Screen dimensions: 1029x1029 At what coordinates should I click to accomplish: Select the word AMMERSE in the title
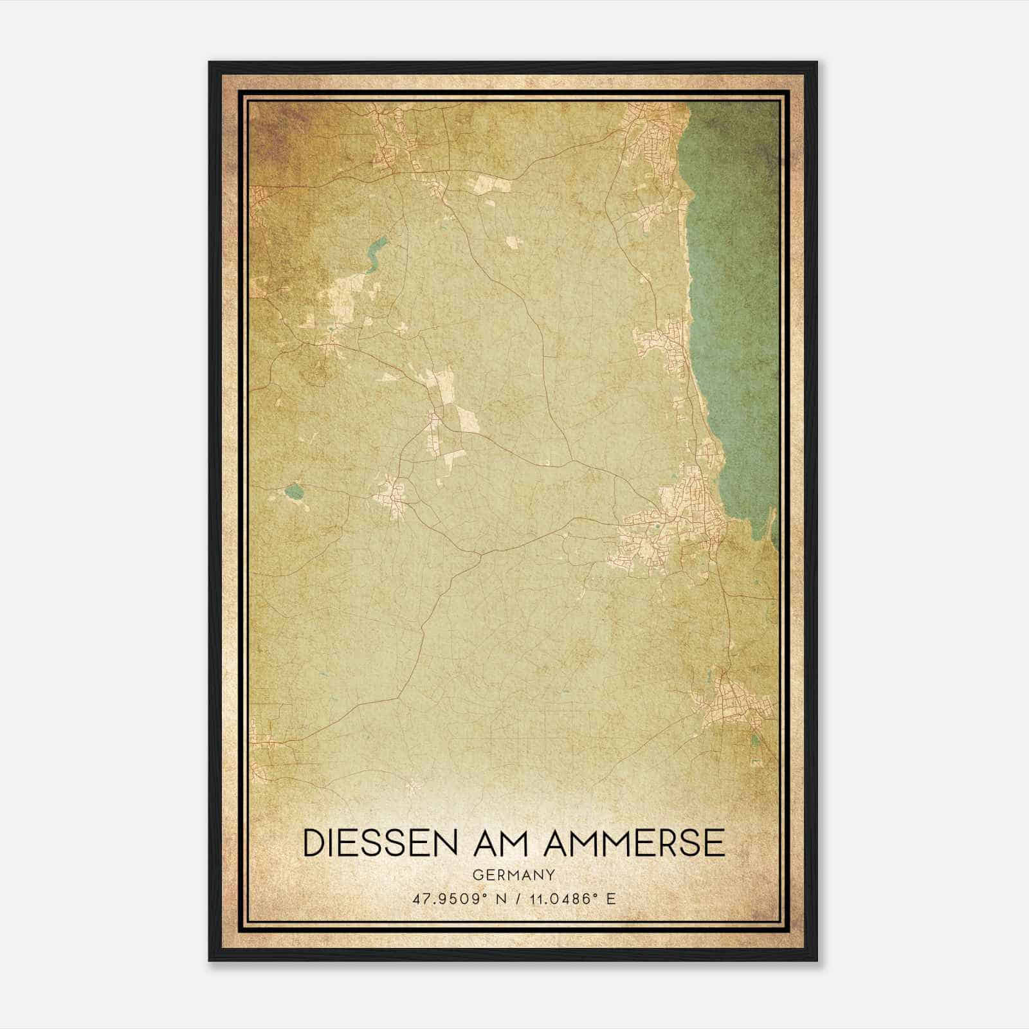pyautogui.click(x=634, y=843)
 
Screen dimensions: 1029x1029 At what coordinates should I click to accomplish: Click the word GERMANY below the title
pyautogui.click(x=514, y=875)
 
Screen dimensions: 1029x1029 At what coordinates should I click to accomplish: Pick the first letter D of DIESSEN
pyautogui.click(x=313, y=843)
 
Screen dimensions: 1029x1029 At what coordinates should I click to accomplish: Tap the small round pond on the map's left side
pyautogui.click(x=294, y=493)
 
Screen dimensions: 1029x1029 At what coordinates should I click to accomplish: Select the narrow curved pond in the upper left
pyautogui.click(x=374, y=253)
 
